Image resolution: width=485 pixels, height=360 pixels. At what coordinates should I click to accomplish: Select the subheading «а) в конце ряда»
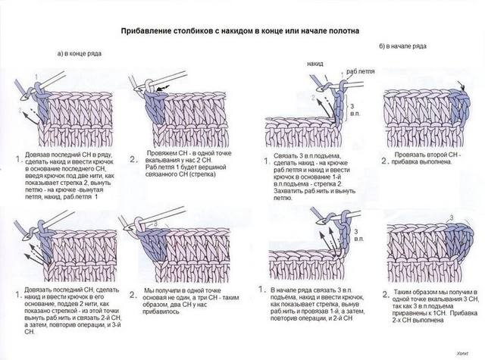(x=80, y=54)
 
